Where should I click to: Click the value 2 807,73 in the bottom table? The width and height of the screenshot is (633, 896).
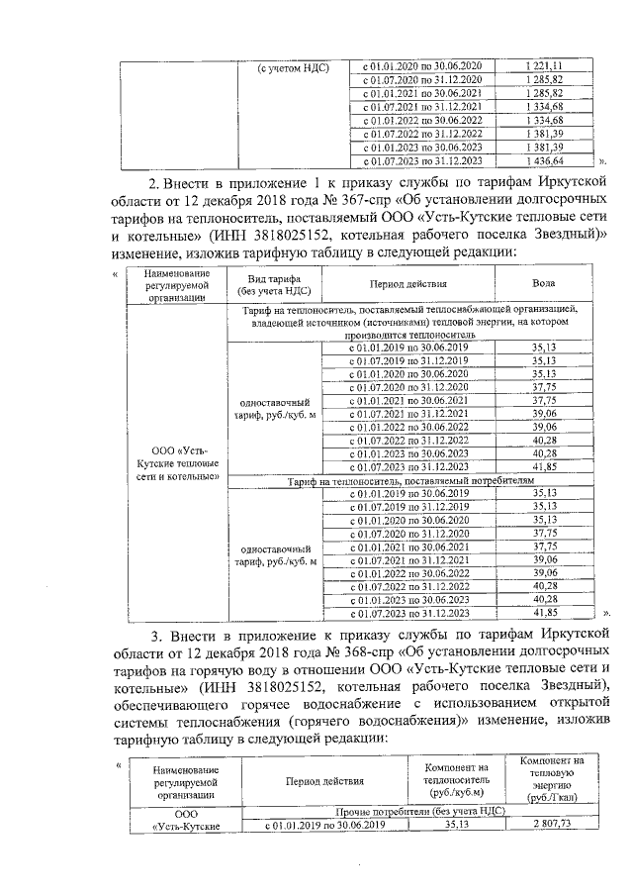tap(552, 824)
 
